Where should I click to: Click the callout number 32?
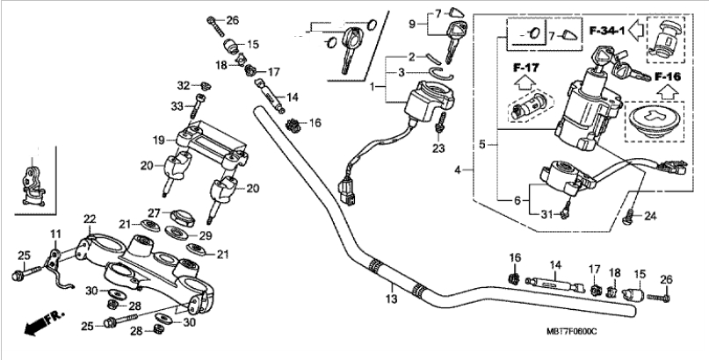point(183,85)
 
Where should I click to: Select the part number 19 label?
point(158,140)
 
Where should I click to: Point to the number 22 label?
point(90,219)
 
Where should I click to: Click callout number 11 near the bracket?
point(55,234)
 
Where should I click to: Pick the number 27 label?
point(152,212)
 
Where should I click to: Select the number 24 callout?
point(651,216)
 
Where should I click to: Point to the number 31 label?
point(545,215)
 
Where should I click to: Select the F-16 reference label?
point(669,77)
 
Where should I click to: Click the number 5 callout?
point(481,143)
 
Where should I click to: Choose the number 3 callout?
point(401,73)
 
